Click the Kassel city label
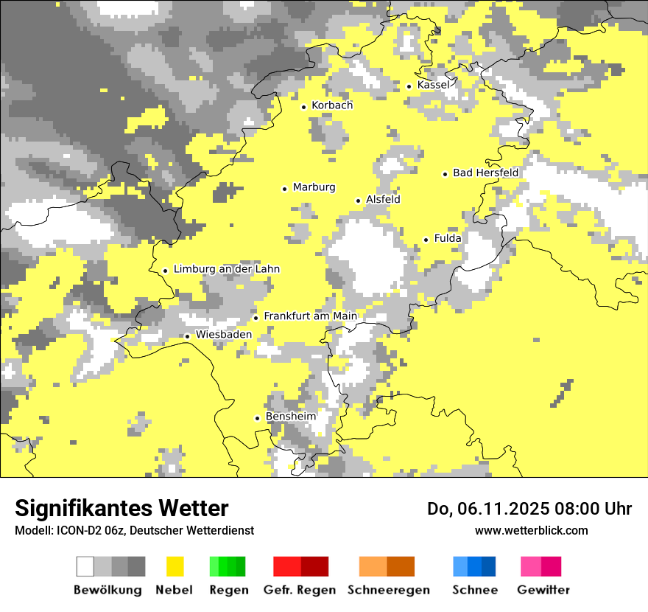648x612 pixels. coord(433,85)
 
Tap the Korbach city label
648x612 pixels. coord(332,105)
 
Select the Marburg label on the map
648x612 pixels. coord(314,187)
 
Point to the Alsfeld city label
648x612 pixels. coord(383,199)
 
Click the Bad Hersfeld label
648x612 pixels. coord(485,173)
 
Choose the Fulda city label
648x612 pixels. coord(448,238)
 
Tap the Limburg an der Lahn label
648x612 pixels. coord(226,269)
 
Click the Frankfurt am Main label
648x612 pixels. coord(310,316)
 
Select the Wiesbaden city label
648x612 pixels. coord(223,335)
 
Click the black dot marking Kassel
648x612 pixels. coord(409,86)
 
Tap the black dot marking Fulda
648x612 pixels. coord(426,240)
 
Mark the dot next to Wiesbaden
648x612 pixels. coord(188,336)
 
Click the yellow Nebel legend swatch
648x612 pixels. coord(175,566)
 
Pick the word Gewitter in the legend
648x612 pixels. coord(543,590)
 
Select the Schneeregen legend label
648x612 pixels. coord(388,590)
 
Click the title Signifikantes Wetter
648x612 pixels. coord(121,508)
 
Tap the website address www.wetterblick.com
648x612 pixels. coord(531,530)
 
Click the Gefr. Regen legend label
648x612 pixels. coord(299,590)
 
